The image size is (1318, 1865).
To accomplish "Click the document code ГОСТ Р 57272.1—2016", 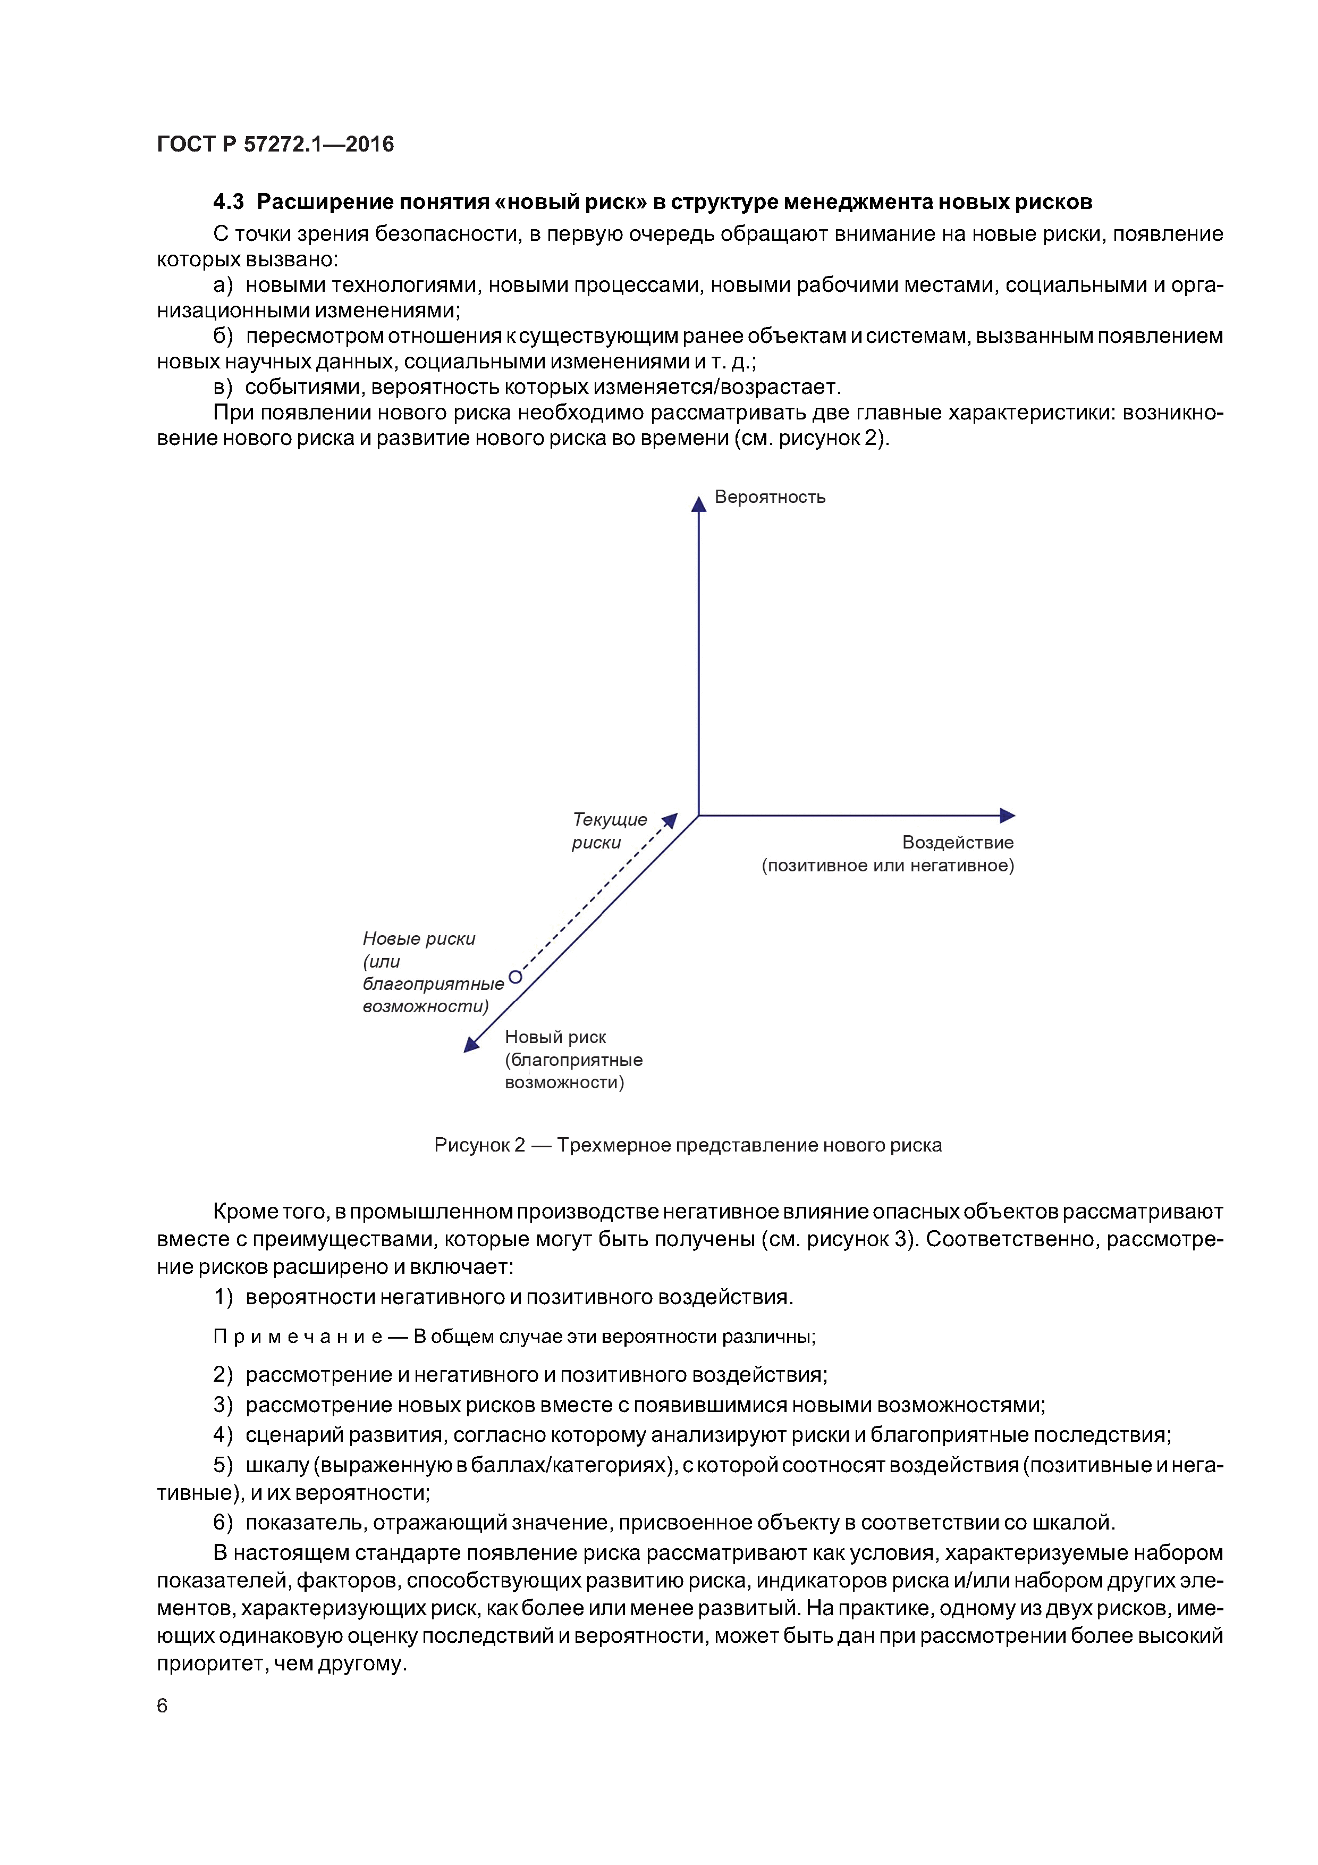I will (x=275, y=145).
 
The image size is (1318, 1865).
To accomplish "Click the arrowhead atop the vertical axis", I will (x=698, y=505).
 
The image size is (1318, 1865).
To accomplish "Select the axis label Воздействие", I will (x=958, y=842).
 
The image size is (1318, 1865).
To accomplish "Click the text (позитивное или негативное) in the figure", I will (x=888, y=866).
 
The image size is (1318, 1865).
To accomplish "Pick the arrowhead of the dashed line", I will (x=671, y=820).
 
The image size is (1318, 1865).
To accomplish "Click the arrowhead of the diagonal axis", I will (x=470, y=1045).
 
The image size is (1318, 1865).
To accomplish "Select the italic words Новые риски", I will (x=418, y=939).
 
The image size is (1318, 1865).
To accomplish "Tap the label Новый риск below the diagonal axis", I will (x=555, y=1037).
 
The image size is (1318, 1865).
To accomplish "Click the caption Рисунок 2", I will (x=479, y=1145).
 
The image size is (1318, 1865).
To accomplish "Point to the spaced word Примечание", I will (x=297, y=1336).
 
